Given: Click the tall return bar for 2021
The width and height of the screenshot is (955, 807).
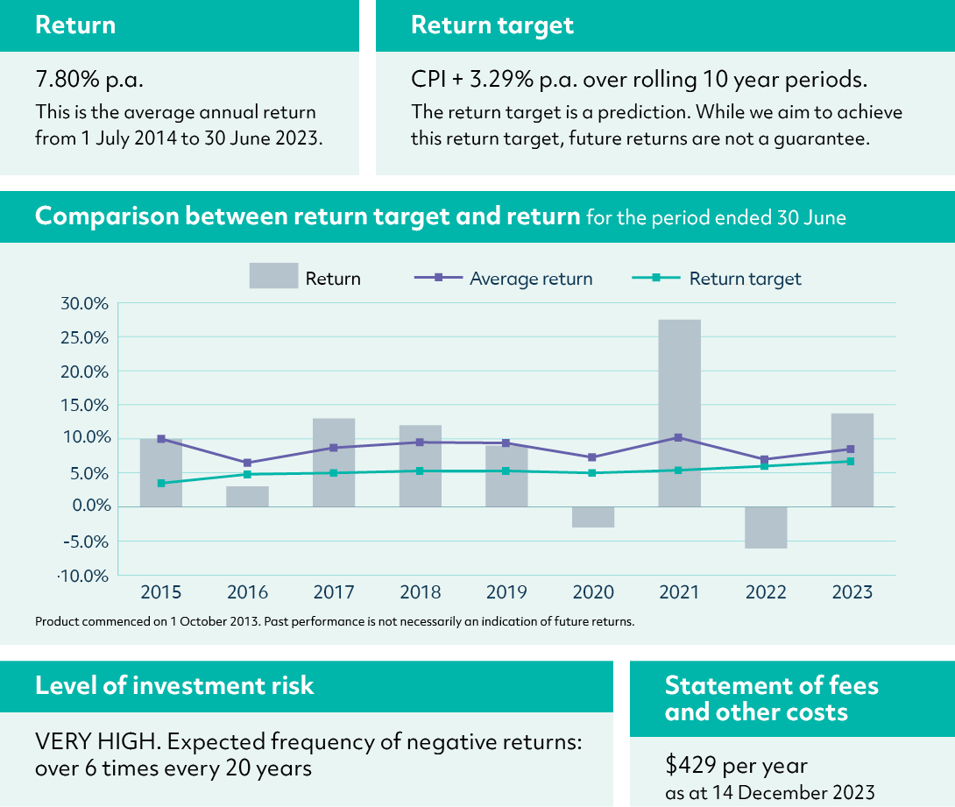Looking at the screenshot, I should coord(679,412).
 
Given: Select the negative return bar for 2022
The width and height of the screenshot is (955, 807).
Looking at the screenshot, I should coord(766,527).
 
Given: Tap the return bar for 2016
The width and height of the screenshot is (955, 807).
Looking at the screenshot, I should coord(247,496).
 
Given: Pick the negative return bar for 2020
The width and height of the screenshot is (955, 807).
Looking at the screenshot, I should coord(593,517).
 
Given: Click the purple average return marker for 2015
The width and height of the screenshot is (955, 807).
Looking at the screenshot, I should coord(161,439).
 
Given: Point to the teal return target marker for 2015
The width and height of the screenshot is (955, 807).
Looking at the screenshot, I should coord(161,483).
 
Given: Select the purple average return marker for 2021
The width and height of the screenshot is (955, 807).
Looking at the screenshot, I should coord(679,437).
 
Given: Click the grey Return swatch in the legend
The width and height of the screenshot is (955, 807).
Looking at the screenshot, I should coord(273,277).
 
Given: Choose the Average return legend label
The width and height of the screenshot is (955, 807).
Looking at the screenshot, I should coord(531,279).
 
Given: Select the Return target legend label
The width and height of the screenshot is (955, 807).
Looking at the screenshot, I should coord(745,279).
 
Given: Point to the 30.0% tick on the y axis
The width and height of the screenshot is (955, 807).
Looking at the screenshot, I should coord(83,303).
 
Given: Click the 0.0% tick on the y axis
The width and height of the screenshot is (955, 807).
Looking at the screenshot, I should coord(87,506).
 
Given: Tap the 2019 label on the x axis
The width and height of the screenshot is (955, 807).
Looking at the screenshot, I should coord(507,592).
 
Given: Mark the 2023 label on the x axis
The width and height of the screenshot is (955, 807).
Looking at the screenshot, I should coord(852,592).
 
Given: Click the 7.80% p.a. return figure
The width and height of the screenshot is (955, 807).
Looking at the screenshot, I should coord(89,81).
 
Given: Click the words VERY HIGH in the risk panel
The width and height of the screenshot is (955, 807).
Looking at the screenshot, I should coord(96,742).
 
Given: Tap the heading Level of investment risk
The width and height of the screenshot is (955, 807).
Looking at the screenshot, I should coord(174,685).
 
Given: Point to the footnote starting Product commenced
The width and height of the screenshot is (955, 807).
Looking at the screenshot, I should coord(334,621).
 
